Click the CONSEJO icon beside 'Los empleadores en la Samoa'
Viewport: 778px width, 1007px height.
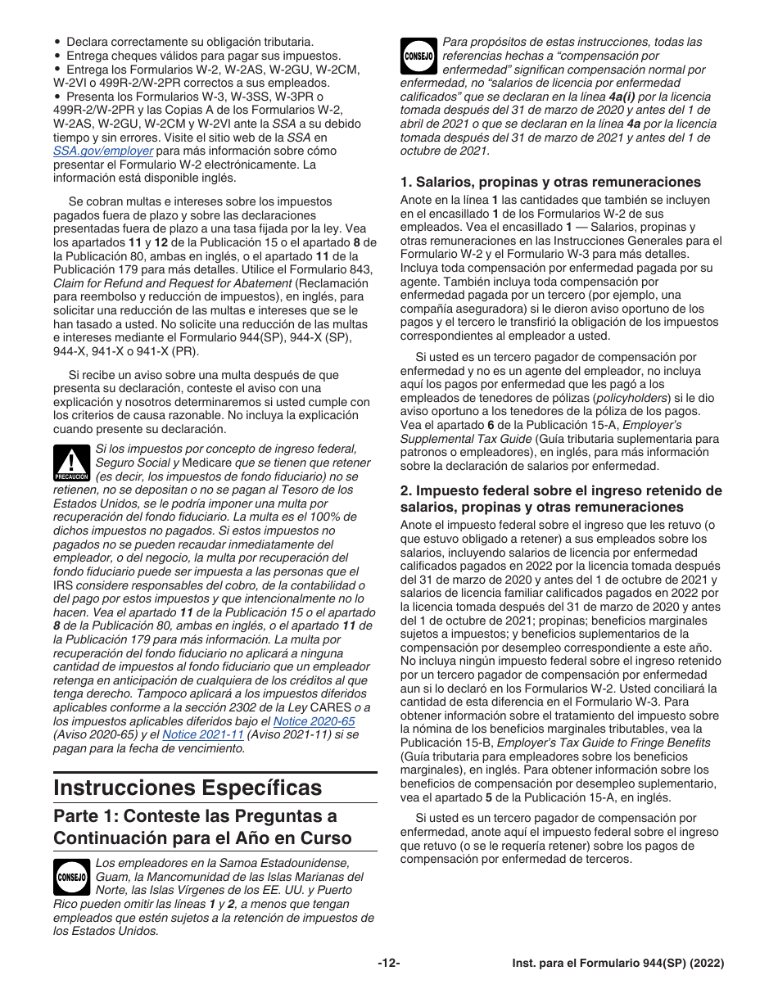70,877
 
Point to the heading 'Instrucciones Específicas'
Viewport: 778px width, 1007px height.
188,788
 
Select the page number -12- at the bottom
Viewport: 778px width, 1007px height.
388,964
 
